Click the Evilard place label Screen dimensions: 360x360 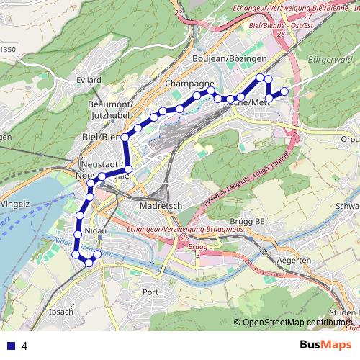coord(87,79)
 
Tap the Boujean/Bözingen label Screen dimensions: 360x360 coord(230,58)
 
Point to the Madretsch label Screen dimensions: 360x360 coord(162,205)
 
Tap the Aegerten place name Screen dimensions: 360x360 coord(294,259)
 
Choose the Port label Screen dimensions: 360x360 coord(150,292)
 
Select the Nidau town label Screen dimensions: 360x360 coord(95,230)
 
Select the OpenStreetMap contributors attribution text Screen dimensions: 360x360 coord(298,323)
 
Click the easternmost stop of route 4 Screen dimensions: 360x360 coord(284,91)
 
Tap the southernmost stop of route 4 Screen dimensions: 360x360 coord(89,263)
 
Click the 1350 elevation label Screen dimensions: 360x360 coord(7,50)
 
